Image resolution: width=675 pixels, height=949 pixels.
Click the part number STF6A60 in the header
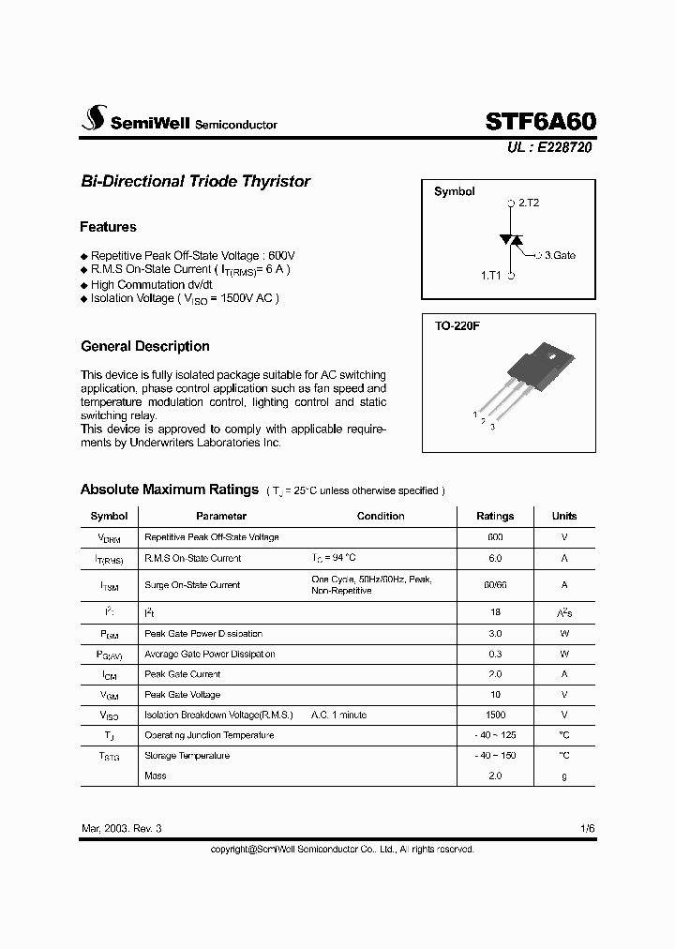(x=540, y=121)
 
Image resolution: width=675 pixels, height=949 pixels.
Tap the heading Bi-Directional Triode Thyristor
(x=195, y=181)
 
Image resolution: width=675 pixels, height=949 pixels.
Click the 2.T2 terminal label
(x=529, y=203)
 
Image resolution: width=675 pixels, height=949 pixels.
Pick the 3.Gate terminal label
(x=560, y=254)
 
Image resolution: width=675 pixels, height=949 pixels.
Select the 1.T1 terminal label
(x=491, y=276)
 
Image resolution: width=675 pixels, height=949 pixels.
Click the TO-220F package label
(x=457, y=326)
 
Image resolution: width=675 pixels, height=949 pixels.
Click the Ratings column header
(x=495, y=516)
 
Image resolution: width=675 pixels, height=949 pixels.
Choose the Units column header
(x=564, y=516)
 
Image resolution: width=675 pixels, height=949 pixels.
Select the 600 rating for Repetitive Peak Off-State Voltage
(x=495, y=537)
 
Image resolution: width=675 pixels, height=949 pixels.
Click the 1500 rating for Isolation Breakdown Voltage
(x=495, y=715)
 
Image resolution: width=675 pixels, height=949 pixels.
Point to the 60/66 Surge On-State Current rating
(x=495, y=584)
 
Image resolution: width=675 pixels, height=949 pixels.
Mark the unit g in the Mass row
(x=564, y=776)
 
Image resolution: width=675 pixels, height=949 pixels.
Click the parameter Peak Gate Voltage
(x=182, y=695)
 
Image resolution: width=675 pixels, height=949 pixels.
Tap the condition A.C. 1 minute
(x=339, y=715)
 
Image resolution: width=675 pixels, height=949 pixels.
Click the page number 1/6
(x=587, y=829)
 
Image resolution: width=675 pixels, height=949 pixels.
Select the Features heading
(x=108, y=227)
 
